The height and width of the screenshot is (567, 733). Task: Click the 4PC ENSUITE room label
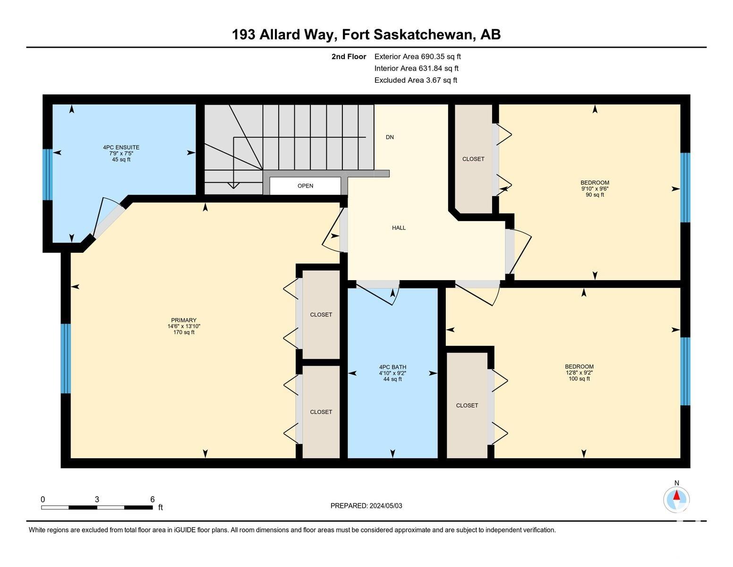point(121,147)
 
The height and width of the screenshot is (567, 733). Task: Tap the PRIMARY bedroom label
point(184,320)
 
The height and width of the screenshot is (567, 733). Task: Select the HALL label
point(399,228)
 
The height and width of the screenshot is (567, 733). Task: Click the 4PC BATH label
point(392,367)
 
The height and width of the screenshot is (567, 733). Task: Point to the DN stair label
point(390,137)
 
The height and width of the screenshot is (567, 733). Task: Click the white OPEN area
point(305,186)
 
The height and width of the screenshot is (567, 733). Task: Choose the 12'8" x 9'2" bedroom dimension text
point(579,373)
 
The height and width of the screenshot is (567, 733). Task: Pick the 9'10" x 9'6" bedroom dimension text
point(595,189)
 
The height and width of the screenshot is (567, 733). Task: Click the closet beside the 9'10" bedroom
point(473,159)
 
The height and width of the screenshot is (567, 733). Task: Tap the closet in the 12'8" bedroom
point(467,405)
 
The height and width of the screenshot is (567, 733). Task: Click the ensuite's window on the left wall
point(48,175)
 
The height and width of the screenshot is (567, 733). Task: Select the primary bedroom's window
point(66,359)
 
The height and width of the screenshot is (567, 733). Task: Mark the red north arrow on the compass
point(676,495)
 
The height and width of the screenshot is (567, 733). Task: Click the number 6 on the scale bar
point(153,499)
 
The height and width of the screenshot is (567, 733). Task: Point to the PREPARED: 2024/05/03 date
point(366,506)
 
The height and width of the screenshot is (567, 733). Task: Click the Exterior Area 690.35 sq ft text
point(418,57)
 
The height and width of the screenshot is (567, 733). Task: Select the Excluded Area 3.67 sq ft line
point(416,80)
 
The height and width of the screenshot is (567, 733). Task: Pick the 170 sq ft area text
point(184,332)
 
